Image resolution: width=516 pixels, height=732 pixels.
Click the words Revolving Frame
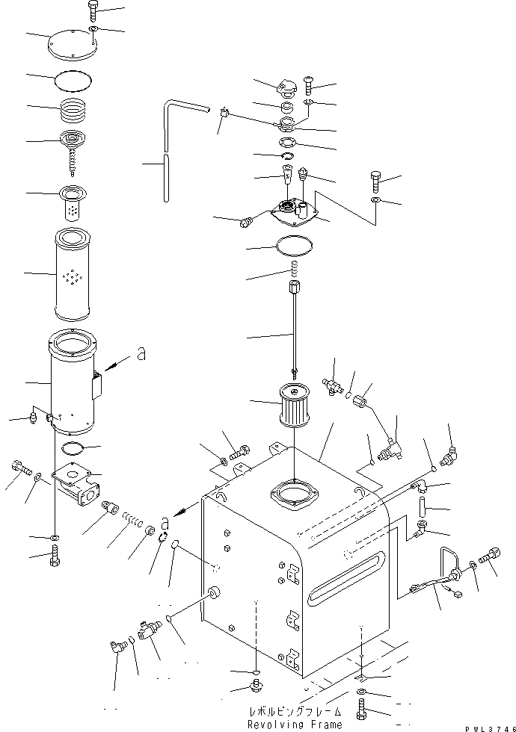(296, 724)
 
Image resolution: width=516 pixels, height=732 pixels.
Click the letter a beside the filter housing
(141, 357)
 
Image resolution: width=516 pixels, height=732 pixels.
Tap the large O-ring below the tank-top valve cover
(295, 246)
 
